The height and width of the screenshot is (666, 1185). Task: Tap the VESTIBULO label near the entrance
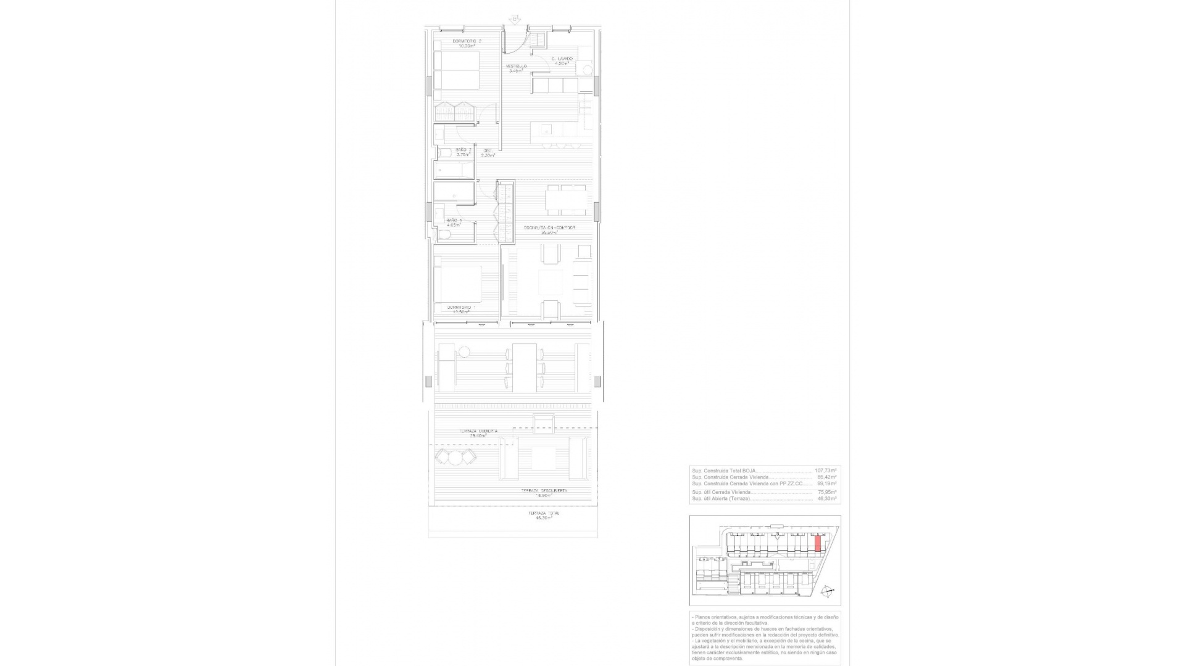click(x=516, y=66)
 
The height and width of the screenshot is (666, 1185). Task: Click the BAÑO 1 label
click(x=454, y=220)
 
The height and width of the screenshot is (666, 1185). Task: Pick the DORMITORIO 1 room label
click(x=460, y=307)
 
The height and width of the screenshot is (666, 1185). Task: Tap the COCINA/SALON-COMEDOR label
click(x=549, y=228)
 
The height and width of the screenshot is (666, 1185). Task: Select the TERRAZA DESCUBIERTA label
click(x=543, y=491)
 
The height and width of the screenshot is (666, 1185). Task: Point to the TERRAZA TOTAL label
click(x=544, y=513)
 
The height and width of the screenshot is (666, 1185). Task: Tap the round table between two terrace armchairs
click(x=455, y=458)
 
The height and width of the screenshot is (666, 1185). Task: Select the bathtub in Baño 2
click(x=454, y=168)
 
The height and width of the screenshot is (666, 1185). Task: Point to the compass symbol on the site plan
click(x=828, y=591)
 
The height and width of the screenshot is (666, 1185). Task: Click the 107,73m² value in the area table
click(x=825, y=470)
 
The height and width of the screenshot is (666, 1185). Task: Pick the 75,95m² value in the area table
click(x=826, y=492)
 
